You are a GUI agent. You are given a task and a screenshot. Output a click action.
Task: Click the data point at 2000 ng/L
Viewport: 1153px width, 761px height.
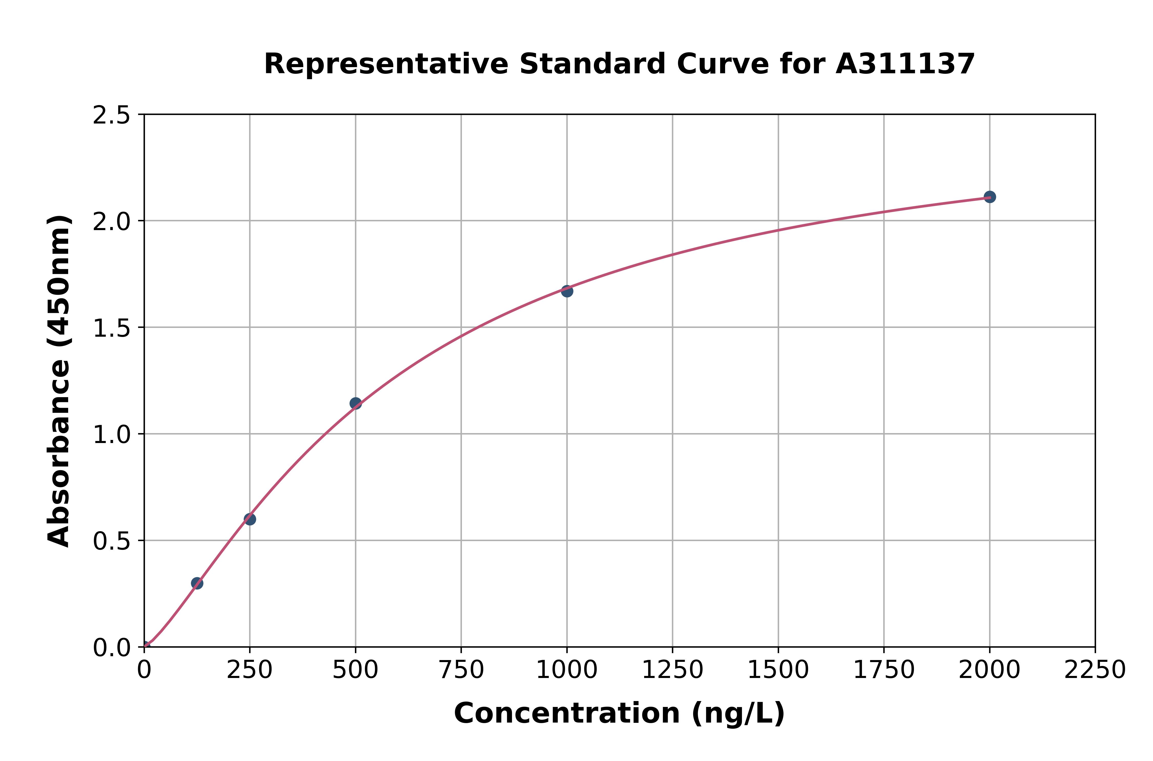[x=990, y=197]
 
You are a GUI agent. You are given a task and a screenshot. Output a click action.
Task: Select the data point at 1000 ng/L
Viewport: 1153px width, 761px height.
[x=567, y=291]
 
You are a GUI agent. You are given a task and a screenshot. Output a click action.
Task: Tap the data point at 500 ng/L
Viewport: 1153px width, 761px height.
[x=356, y=403]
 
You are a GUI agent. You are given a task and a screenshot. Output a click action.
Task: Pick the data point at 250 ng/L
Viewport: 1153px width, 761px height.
[x=250, y=519]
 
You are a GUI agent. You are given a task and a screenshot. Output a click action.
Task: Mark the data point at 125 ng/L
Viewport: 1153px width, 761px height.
[x=197, y=583]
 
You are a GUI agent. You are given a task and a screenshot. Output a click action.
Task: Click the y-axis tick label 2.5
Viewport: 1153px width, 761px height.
[x=112, y=116]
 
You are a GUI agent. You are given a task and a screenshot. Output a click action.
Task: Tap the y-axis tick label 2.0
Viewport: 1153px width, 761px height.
[x=112, y=222]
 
